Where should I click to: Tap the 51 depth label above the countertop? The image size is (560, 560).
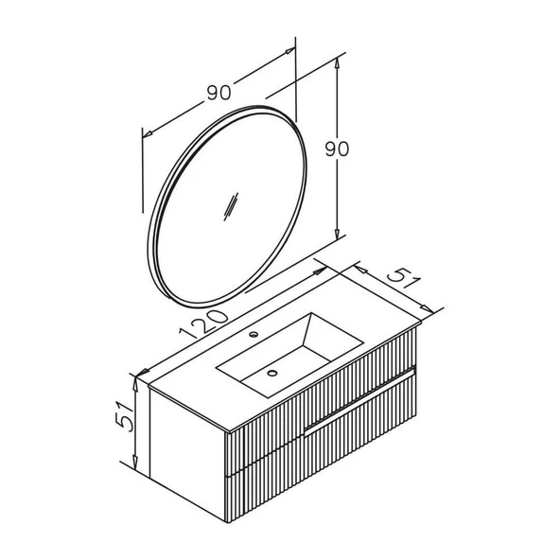coord(405,278)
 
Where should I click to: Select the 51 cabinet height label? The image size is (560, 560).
coord(125,416)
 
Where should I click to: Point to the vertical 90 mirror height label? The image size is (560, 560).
coord(337,149)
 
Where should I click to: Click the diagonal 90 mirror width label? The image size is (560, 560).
coord(219,93)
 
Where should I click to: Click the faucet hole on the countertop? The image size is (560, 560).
coord(254,334)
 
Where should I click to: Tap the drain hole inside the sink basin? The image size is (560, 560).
coord(272,374)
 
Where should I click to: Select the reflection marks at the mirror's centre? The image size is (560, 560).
coord(231,207)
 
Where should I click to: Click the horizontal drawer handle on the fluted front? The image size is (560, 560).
coord(359,401)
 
